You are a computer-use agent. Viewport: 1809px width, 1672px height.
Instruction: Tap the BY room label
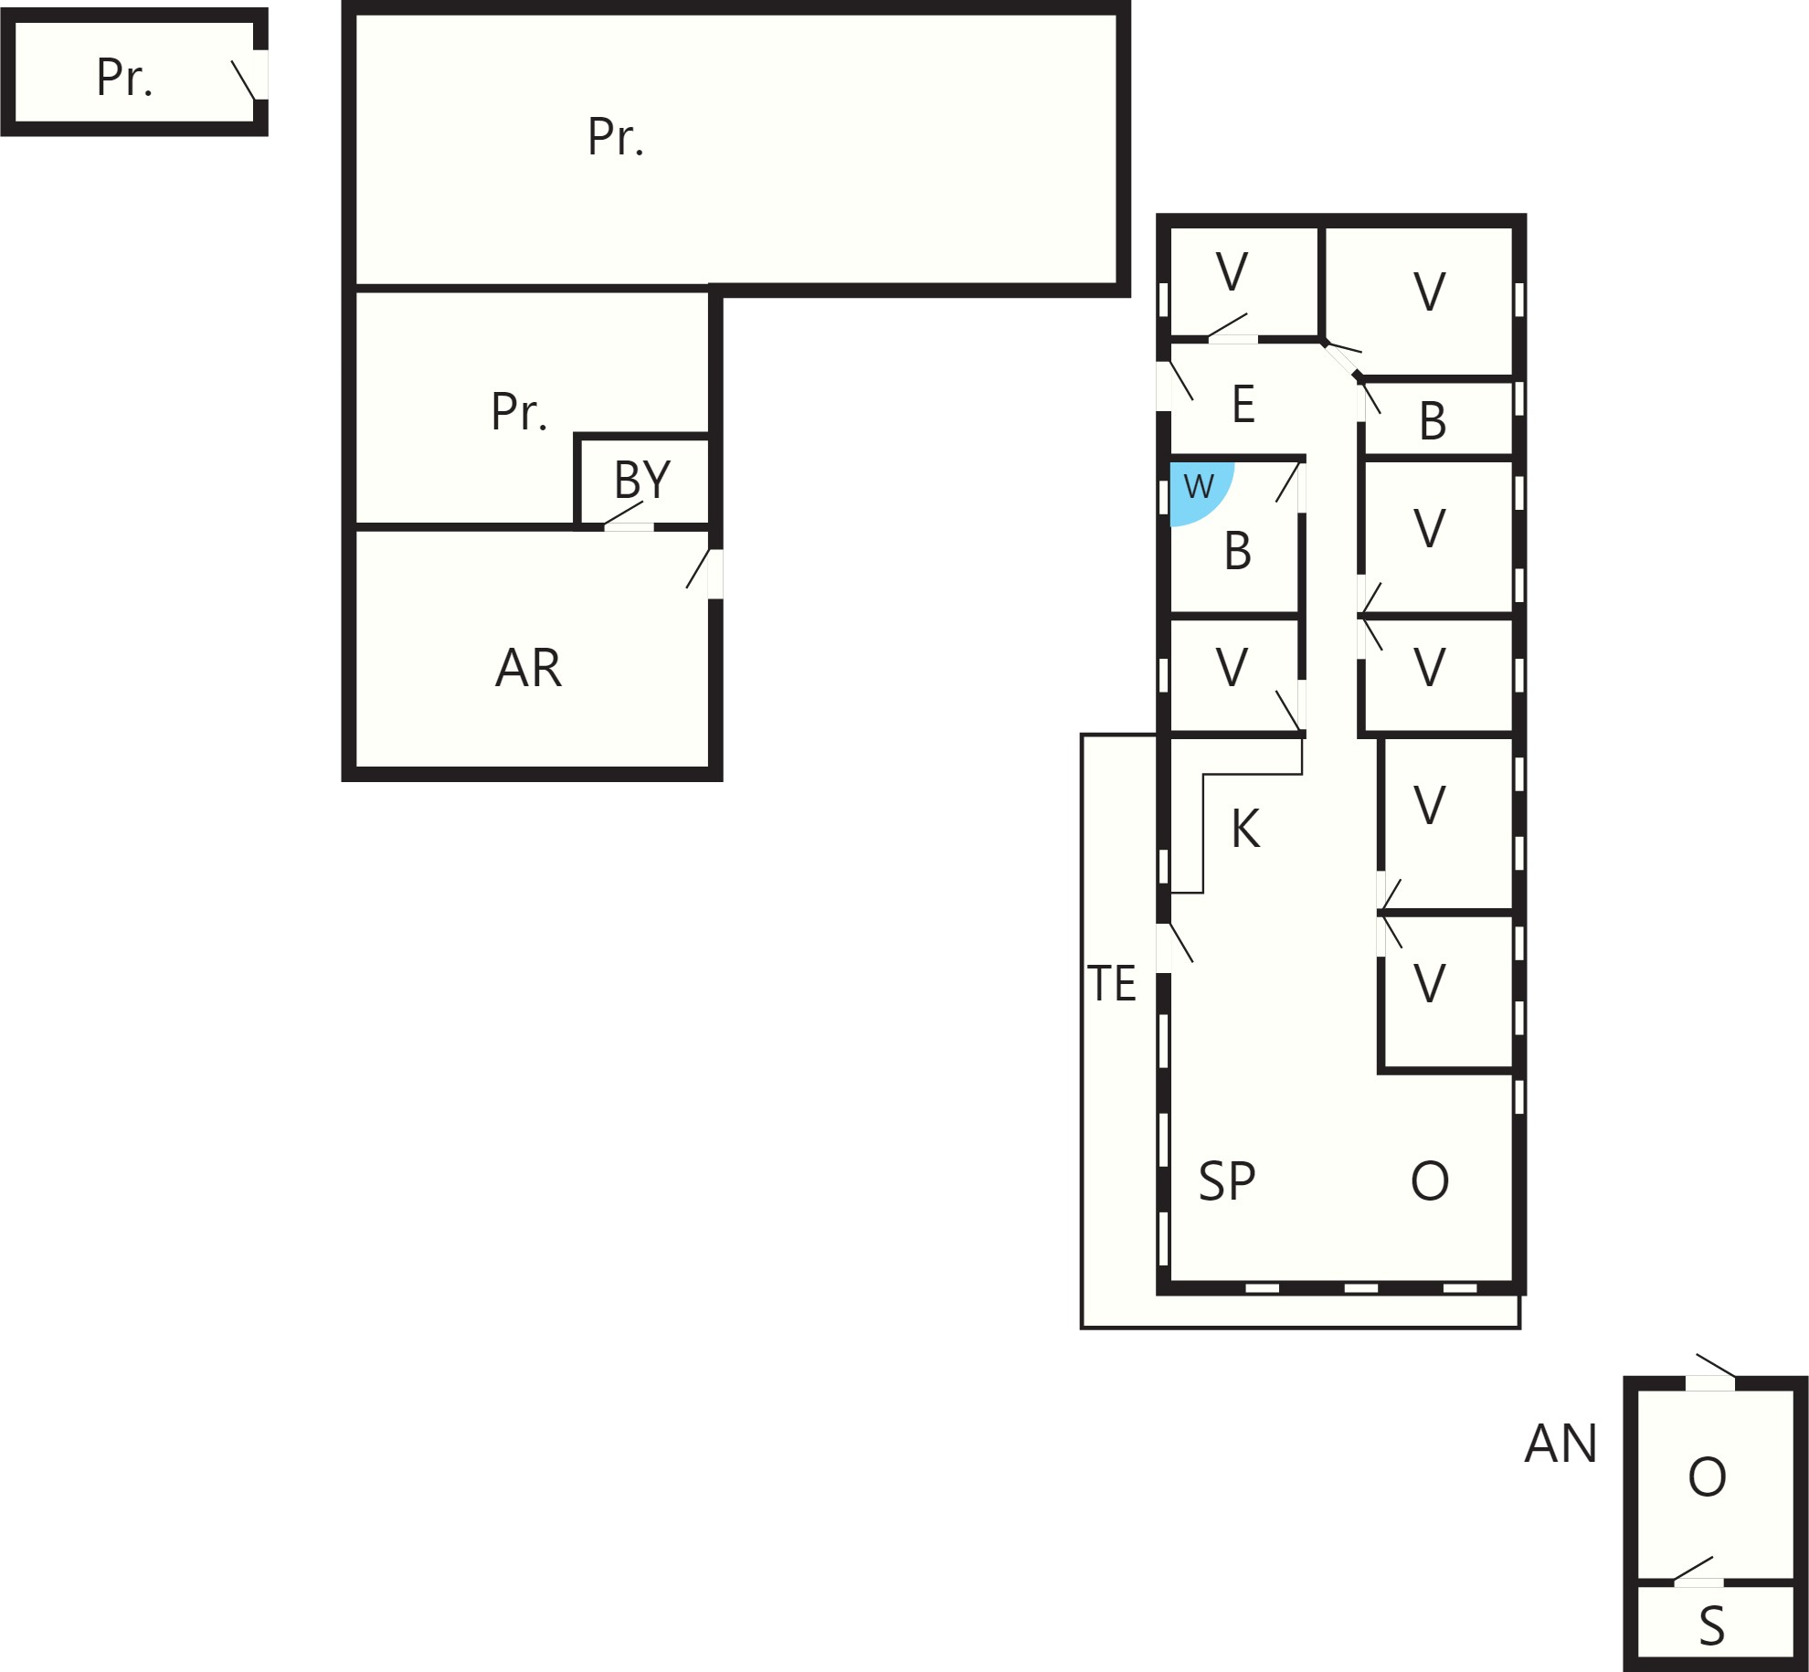(642, 479)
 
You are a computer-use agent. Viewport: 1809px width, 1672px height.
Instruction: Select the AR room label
(528, 668)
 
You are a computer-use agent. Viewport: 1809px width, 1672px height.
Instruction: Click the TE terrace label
(1112, 984)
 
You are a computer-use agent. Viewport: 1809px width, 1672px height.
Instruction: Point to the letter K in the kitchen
(1245, 829)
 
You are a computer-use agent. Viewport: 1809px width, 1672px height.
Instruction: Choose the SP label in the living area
(1226, 1181)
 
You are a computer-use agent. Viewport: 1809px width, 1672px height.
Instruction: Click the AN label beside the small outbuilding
(1560, 1444)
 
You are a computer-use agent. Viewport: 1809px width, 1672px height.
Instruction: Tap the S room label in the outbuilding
(1711, 1626)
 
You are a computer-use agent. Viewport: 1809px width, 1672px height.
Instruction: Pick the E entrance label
(1243, 404)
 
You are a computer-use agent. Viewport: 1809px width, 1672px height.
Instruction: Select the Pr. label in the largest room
(616, 137)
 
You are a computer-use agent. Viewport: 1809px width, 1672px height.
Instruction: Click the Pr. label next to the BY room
(519, 411)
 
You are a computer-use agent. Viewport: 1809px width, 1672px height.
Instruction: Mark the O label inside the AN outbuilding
(1707, 1477)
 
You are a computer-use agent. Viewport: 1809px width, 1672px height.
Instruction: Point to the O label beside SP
(1430, 1181)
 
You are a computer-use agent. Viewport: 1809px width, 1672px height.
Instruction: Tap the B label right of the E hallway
(1433, 421)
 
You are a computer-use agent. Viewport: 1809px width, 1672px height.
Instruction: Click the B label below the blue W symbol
(1237, 551)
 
